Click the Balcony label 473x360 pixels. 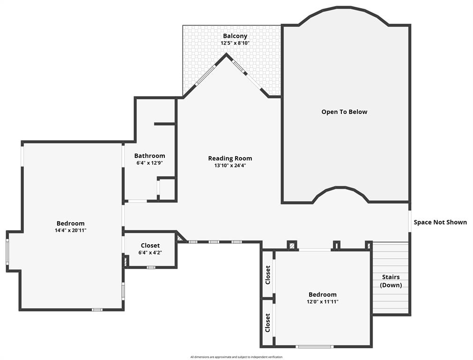click(x=235, y=36)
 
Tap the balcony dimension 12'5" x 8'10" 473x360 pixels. click(x=235, y=43)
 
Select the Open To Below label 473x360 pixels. click(x=344, y=112)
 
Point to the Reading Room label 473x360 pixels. click(x=230, y=158)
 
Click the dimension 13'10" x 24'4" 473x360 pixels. click(x=230, y=165)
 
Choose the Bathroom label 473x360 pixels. click(x=149, y=156)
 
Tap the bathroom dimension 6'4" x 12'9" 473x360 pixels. click(x=149, y=163)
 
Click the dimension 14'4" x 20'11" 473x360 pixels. click(x=71, y=231)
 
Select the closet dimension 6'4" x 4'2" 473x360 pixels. click(x=150, y=253)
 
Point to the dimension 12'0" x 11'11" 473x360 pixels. click(x=323, y=302)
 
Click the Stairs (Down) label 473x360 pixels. click(x=391, y=281)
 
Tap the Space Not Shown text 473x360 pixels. click(x=440, y=222)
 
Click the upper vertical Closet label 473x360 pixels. click(x=268, y=275)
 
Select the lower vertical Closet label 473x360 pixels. click(x=268, y=323)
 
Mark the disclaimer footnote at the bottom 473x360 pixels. click(x=236, y=357)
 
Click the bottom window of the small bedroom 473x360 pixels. click(x=315, y=346)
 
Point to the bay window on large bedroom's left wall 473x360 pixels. click(x=7, y=255)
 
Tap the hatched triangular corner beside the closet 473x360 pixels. click(x=180, y=238)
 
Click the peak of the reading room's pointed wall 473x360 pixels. click(x=227, y=55)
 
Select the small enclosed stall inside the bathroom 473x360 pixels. click(x=167, y=189)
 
